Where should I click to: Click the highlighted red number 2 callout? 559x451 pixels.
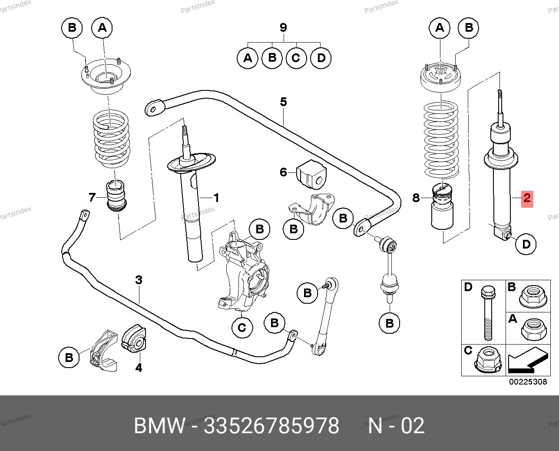tap(526, 199)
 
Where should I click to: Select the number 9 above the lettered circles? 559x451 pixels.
tap(283, 28)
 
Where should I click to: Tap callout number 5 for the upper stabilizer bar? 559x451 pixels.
tap(283, 102)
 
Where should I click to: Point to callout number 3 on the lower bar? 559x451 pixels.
tap(139, 280)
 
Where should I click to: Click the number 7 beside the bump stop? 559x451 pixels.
tap(92, 198)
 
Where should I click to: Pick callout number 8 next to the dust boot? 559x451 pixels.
tap(416, 198)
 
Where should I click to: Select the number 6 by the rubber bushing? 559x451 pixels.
tap(283, 172)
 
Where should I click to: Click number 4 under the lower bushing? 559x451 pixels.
tap(138, 368)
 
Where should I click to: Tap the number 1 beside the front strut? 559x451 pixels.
tap(216, 198)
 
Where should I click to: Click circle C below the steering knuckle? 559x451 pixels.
tap(242, 327)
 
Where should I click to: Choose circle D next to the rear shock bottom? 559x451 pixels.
tap(526, 244)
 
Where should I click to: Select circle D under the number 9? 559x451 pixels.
tap(321, 58)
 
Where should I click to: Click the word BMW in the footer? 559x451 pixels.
tap(159, 426)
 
